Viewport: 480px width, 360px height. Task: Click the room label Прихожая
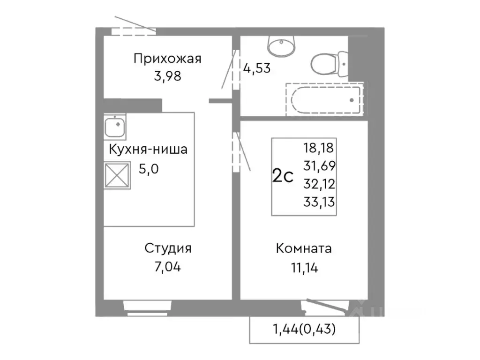pos(167,59)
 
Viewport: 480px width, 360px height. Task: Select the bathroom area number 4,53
pos(257,68)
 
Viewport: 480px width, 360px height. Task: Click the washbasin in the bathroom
pos(281,45)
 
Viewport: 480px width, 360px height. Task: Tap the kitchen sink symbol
pos(115,127)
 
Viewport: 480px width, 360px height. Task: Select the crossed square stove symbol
pos(117,175)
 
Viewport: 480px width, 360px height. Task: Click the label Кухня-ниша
pos(148,150)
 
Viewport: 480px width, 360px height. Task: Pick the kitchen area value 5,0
pos(149,168)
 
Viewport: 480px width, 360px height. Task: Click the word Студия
pos(167,248)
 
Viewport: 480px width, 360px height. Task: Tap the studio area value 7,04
pos(167,267)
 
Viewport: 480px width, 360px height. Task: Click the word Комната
pos(304,248)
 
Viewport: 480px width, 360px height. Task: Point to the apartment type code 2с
pos(283,177)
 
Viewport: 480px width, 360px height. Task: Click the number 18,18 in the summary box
pos(319,149)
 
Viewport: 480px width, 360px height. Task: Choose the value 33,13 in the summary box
pos(319,202)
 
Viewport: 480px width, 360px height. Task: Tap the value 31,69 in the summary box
pos(319,166)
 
